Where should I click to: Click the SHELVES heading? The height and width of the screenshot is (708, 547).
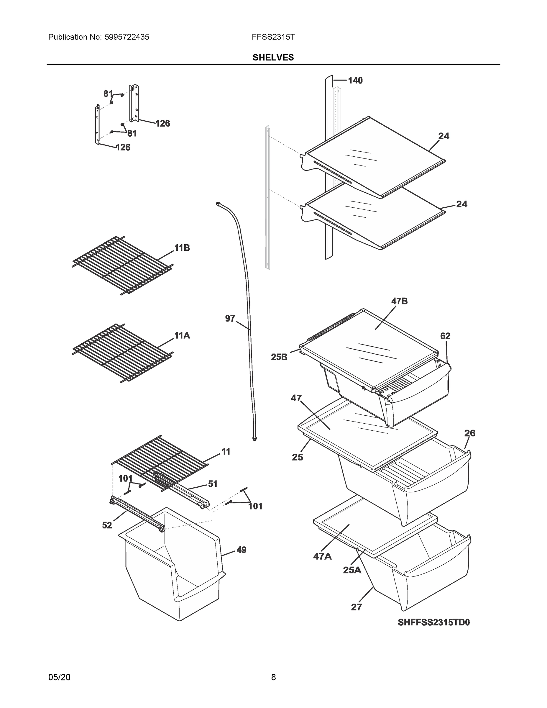273,58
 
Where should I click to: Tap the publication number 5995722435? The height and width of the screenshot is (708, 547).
127,37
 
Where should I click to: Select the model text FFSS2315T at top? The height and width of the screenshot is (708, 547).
273,37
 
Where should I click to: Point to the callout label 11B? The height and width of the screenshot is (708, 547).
182,248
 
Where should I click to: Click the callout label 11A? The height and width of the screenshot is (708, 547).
182,335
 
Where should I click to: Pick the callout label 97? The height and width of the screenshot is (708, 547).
230,319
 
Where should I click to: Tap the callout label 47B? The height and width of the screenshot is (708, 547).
399,301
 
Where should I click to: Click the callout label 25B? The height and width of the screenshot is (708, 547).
279,357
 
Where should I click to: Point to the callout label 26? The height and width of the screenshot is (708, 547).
469,433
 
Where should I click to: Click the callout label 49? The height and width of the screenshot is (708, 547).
241,550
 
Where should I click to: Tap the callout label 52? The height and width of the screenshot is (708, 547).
107,525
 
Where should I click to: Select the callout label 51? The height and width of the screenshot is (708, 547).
213,484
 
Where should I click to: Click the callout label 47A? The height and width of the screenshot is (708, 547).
322,557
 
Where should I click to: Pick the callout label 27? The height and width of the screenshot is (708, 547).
356,607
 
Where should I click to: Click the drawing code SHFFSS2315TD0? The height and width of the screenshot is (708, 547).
433,622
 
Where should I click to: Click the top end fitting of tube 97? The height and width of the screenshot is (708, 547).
218,203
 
